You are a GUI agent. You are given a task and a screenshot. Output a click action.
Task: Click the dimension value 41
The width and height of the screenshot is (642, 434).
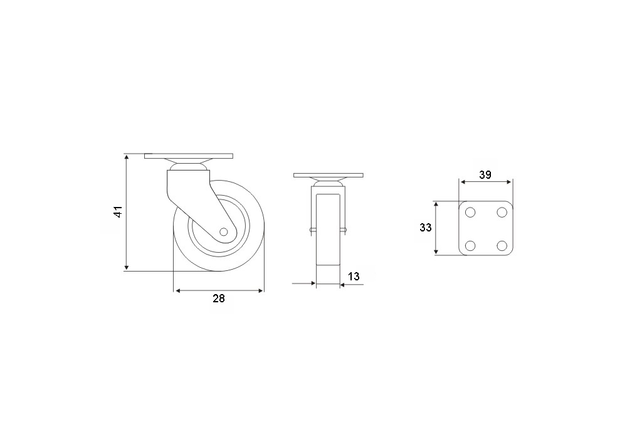coord(118,212)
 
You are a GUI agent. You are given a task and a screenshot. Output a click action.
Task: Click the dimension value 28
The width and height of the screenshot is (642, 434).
coord(219,299)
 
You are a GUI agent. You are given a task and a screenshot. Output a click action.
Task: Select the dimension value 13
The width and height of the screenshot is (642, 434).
coord(354,277)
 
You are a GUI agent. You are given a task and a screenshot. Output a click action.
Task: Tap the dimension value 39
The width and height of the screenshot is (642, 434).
coord(485,175)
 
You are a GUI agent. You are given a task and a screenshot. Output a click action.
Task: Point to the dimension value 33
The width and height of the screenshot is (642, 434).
coord(426,228)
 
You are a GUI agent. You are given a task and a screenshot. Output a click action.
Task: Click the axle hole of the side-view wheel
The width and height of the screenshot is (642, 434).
coord(223,232)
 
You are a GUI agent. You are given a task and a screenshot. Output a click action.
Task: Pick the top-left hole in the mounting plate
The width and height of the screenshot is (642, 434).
coord(470,212)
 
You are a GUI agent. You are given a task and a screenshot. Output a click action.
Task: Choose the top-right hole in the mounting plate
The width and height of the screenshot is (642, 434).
coord(502,212)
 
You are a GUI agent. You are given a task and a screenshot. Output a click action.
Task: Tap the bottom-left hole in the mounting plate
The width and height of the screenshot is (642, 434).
coord(470,245)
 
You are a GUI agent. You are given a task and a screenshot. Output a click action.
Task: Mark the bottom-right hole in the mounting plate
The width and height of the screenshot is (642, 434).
coord(502,245)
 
